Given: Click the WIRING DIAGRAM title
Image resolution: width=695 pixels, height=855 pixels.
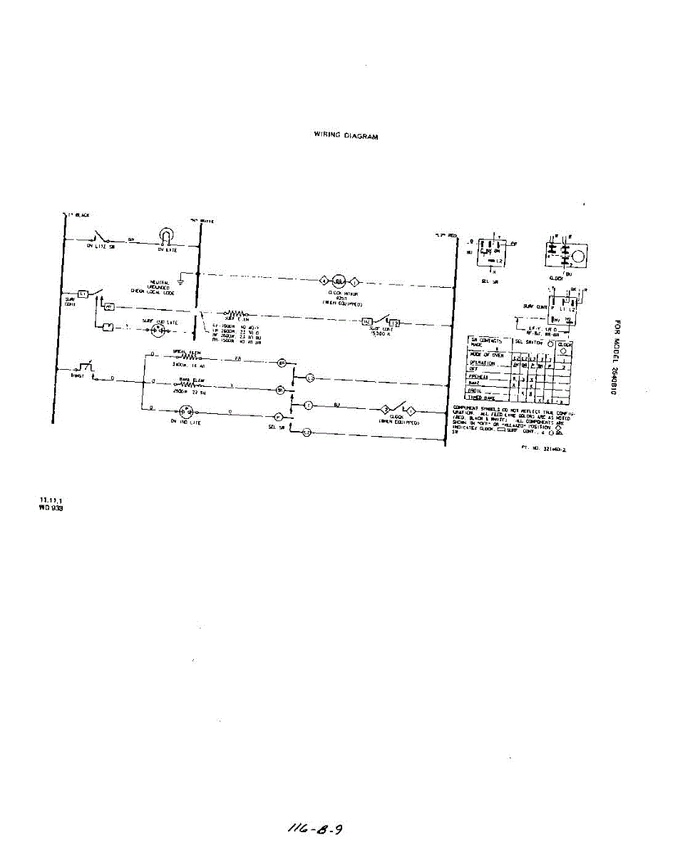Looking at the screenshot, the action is click(346, 135).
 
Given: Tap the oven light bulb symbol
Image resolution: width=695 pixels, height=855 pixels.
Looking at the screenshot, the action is click(166, 237).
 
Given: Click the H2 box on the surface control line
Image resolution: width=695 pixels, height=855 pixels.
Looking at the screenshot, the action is click(368, 322).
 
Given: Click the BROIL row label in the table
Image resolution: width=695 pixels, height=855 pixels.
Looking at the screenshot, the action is click(475, 390).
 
